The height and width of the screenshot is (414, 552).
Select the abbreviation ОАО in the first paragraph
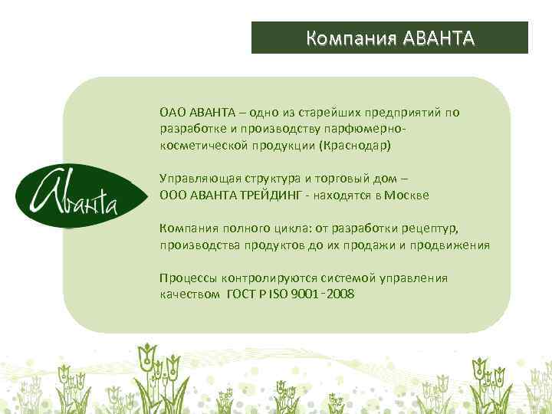(172, 113)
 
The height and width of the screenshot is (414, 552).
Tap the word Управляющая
(195, 179)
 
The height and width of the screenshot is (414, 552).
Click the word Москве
(408, 195)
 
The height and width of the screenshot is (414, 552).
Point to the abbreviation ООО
(172, 195)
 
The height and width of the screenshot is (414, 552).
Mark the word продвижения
(452, 245)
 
